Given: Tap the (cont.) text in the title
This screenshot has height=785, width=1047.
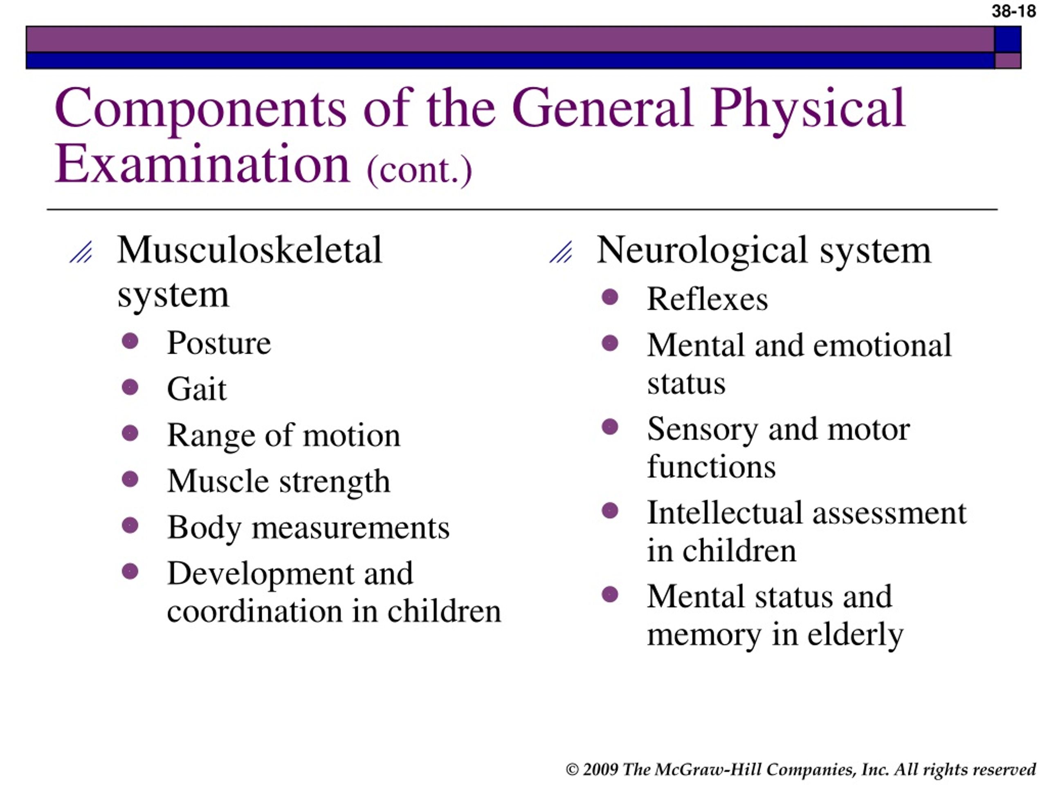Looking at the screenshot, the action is click(x=419, y=171).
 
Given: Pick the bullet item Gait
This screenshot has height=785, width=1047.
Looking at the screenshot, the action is click(x=197, y=388).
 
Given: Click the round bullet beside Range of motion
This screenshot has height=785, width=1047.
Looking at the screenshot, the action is click(x=130, y=433).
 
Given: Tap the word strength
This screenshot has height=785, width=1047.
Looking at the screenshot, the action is click(x=335, y=482).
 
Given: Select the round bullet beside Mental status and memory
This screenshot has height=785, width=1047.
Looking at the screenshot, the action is click(x=610, y=594).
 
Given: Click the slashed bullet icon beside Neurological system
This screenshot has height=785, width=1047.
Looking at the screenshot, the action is click(x=561, y=252).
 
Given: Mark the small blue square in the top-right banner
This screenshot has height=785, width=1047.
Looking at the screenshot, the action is click(x=1007, y=39).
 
